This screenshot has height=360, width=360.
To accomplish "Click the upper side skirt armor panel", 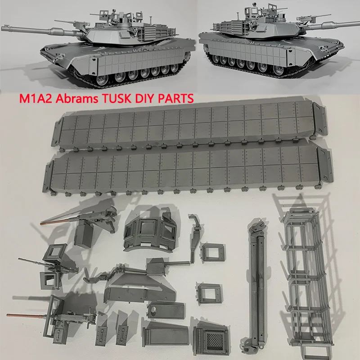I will pos(189,124).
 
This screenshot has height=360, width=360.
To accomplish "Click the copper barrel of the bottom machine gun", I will pos(27,314).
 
